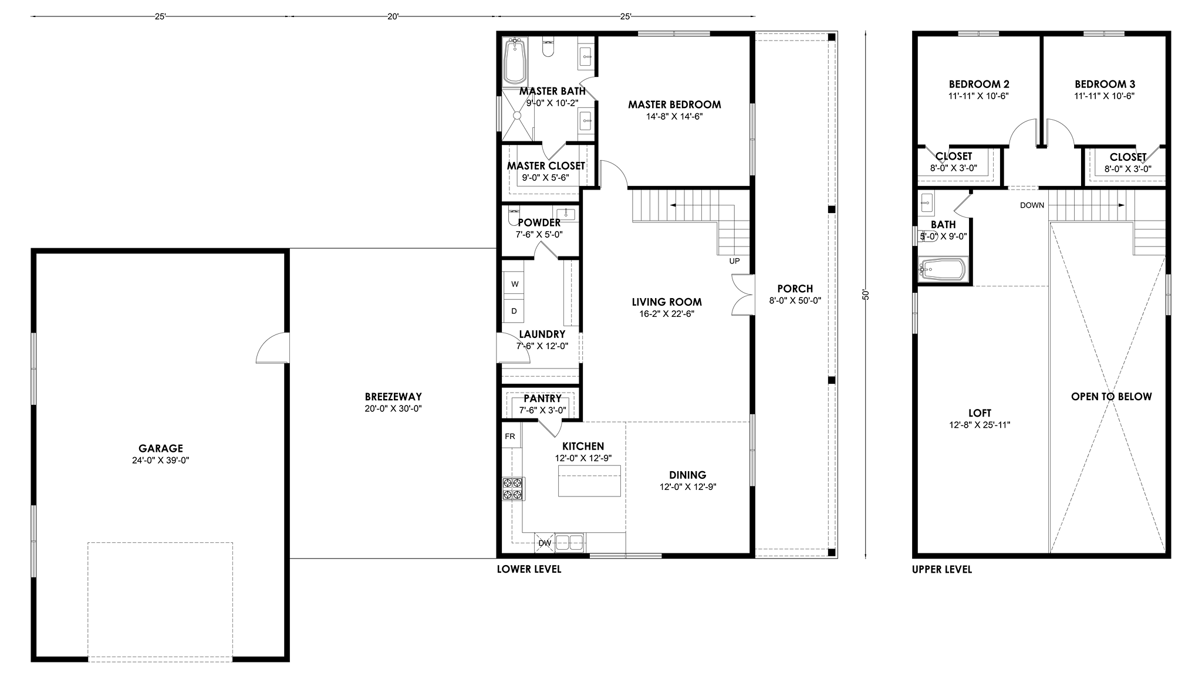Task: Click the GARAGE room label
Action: (161, 449)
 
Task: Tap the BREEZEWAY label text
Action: (393, 397)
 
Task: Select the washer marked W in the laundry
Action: (515, 284)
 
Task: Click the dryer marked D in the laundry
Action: (515, 311)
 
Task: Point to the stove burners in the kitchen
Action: (513, 489)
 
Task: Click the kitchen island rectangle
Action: (589, 481)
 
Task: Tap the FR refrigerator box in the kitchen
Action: (511, 437)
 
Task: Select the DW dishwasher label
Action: (545, 543)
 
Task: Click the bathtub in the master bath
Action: (515, 62)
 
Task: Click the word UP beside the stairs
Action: (734, 261)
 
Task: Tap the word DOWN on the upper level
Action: (1032, 205)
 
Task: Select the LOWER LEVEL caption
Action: (529, 569)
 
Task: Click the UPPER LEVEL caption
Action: (942, 569)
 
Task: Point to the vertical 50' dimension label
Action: (865, 295)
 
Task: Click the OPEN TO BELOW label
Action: (1111, 397)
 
